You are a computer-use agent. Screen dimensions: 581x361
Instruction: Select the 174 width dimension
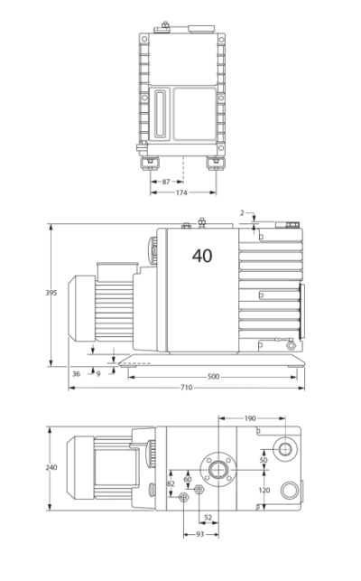[181, 192]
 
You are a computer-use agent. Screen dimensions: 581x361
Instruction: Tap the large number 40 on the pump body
[202, 256]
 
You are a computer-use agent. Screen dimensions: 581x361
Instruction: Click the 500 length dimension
[213, 376]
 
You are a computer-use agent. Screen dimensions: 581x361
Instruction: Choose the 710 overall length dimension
[186, 388]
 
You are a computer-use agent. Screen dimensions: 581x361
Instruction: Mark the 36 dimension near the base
[76, 372]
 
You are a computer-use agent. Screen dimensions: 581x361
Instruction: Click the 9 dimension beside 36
[97, 372]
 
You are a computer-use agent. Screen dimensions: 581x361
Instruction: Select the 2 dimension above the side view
[242, 213]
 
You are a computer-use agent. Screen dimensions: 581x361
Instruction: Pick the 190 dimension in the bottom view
[250, 418]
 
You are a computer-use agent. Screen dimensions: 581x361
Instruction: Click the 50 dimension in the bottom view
[264, 460]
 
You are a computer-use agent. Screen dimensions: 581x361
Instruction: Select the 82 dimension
[171, 484]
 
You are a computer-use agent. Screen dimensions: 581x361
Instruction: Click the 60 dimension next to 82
[187, 479]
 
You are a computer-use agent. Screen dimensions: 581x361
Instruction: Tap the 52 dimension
[208, 517]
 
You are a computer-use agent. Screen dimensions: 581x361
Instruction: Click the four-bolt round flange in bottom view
[218, 467]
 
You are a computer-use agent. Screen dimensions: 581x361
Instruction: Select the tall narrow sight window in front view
[161, 113]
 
